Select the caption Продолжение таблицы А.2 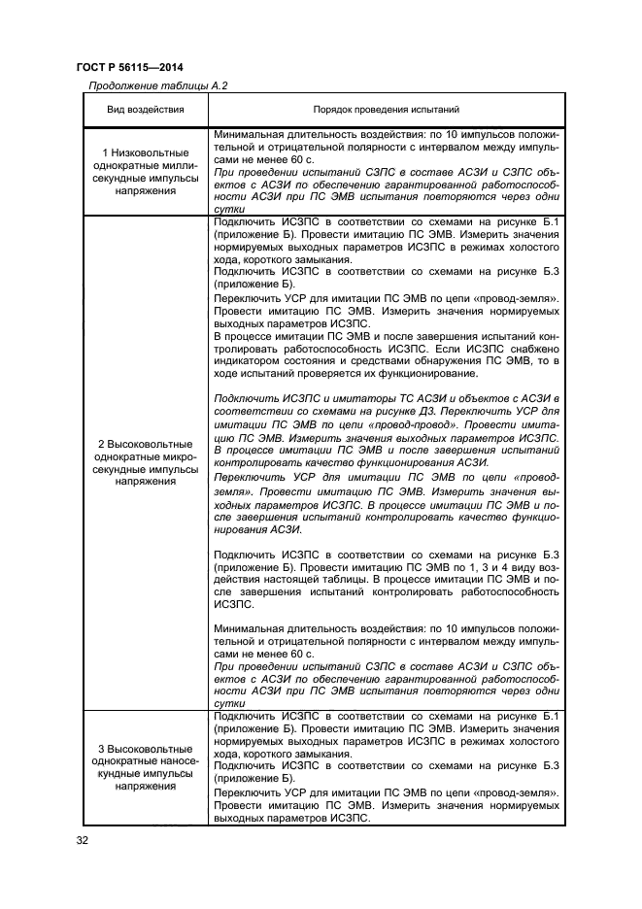coord(157,86)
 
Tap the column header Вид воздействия coord(144,110)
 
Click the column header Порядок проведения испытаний coord(386,110)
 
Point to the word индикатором coord(248,361)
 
